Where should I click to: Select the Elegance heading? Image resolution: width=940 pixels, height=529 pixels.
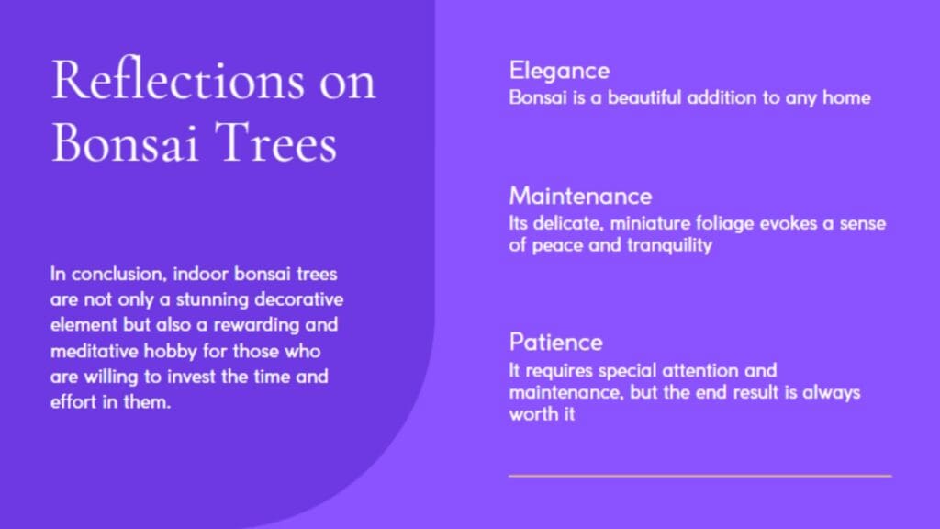[x=559, y=72]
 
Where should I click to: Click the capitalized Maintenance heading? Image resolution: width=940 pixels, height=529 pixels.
[x=580, y=197]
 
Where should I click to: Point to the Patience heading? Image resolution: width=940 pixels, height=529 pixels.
[x=555, y=342]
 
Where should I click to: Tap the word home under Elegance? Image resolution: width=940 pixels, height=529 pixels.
[x=846, y=97]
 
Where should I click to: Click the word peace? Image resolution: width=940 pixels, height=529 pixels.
[x=557, y=245]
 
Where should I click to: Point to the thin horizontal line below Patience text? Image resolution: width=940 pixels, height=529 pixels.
[x=700, y=476]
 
